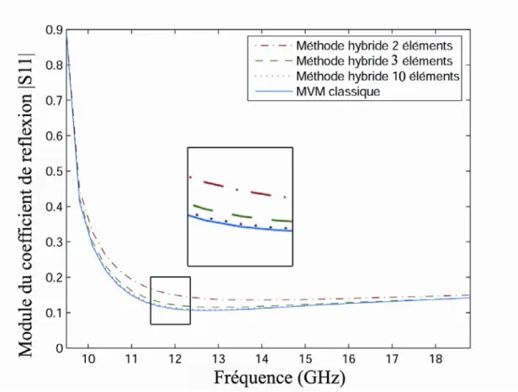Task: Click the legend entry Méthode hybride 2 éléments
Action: (x=374, y=45)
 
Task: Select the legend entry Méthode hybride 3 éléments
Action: (x=374, y=61)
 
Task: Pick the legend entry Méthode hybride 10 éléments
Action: (x=378, y=76)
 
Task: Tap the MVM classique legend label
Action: (x=338, y=91)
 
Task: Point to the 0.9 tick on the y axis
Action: (x=54, y=30)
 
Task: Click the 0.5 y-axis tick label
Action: (x=54, y=172)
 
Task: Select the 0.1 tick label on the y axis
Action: (x=54, y=313)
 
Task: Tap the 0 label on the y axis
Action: (x=60, y=348)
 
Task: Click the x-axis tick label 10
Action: (x=88, y=358)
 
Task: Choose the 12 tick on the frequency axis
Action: (x=175, y=358)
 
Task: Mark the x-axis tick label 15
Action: (x=305, y=358)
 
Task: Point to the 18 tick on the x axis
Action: (x=436, y=358)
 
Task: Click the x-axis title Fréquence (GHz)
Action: (x=279, y=378)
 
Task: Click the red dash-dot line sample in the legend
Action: (x=273, y=45)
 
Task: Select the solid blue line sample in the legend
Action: (x=273, y=91)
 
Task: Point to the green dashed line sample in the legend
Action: (x=273, y=61)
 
